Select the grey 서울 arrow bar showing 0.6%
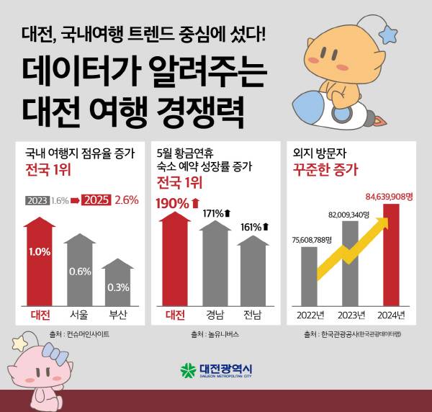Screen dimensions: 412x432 tap(80, 270)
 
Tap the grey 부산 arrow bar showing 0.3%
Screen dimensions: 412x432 tap(118, 285)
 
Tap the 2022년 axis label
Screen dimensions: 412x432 tap(309, 315)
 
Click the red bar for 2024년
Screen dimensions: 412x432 tap(390, 256)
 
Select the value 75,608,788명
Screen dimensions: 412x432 tap(311, 240)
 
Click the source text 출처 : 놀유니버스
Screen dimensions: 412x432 tap(215, 334)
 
